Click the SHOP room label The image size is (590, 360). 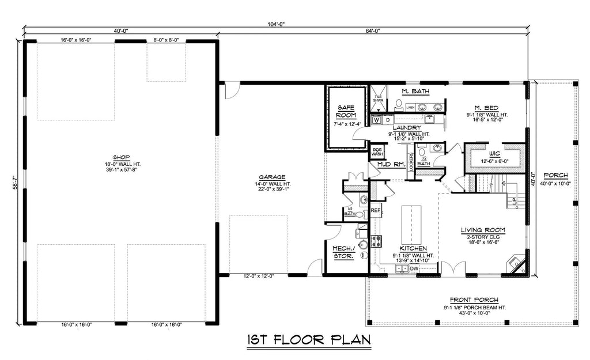click(120, 157)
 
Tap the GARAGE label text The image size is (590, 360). click(270, 177)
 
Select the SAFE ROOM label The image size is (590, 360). click(346, 111)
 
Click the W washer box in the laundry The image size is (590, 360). click(377, 120)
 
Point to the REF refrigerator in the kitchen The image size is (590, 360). click(375, 211)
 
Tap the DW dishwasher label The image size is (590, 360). click(414, 268)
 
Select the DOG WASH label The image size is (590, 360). click(378, 151)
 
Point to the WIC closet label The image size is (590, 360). click(494, 154)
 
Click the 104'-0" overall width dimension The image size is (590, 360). click(275, 24)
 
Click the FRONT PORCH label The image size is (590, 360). click(475, 300)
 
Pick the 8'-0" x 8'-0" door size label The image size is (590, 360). click(167, 40)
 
